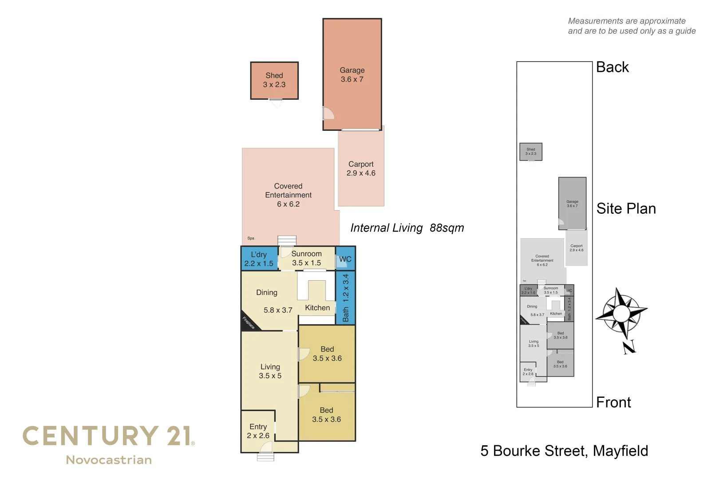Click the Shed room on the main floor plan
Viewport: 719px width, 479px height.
274,80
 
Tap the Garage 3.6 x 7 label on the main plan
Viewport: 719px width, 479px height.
352,75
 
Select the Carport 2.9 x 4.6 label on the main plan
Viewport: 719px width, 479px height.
361,169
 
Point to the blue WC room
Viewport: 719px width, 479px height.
345,259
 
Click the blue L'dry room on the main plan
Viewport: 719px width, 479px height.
259,259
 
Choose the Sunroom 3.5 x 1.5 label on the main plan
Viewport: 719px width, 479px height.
306,258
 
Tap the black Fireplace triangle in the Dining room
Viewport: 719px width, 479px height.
248,323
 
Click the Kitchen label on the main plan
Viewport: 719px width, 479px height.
317,308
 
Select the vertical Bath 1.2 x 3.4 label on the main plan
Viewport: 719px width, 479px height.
346,298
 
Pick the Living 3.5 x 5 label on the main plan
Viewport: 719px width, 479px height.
270,371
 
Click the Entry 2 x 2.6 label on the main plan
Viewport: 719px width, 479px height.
258,431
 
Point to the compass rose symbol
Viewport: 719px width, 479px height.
621,313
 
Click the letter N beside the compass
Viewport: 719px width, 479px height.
629,347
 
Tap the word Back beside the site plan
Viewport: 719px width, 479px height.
612,67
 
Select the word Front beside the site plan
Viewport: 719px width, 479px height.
613,402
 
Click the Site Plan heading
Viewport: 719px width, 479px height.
626,208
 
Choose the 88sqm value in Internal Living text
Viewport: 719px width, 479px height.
446,228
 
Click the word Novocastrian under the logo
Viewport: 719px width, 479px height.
109,460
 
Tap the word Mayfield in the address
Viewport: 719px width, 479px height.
620,451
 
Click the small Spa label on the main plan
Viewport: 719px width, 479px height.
251,239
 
